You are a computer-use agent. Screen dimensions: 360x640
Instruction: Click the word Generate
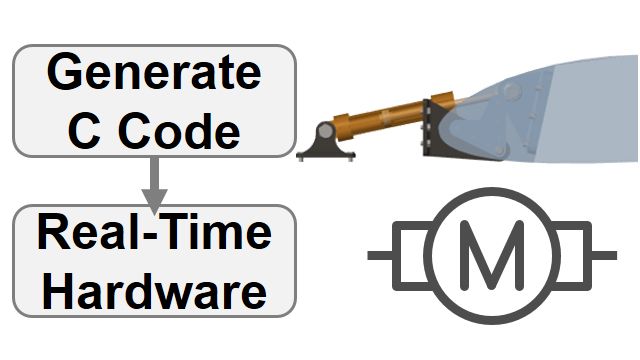(154, 74)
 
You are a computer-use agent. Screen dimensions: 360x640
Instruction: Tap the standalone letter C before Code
(85, 131)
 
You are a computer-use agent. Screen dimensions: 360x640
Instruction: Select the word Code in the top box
(177, 131)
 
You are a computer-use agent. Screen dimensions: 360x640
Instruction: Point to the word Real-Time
(154, 234)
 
